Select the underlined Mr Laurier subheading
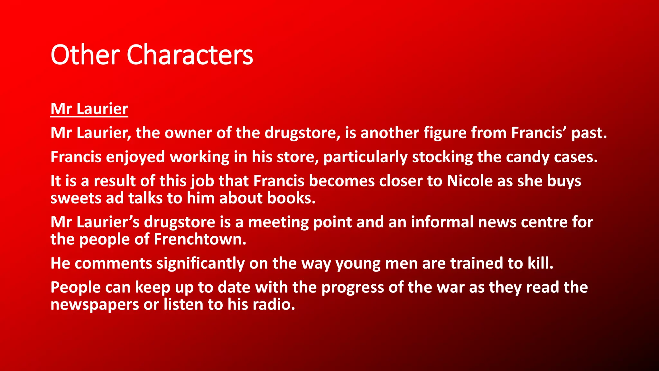pos(89,109)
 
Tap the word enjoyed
pos(135,157)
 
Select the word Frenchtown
pos(200,239)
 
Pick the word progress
pos(353,288)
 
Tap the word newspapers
pos(95,305)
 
